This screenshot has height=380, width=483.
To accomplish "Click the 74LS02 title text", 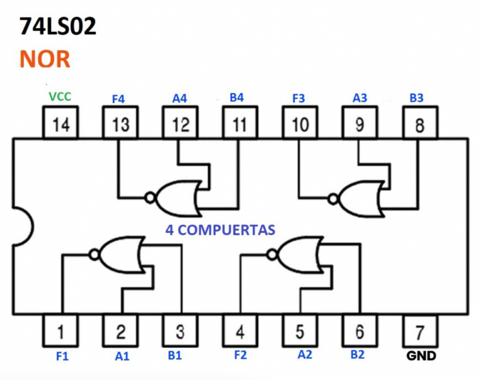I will pos(58,27).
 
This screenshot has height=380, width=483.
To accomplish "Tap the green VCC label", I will pos(60,97).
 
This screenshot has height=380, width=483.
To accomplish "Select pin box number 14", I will pos(60,124).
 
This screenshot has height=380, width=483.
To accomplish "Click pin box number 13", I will pos(120,124).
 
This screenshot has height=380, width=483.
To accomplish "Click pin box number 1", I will pos(61,331).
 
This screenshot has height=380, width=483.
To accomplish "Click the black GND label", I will pos(421,356).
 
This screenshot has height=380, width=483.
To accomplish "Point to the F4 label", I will pos(120,98).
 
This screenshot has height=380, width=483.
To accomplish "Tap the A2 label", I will pos(306,355).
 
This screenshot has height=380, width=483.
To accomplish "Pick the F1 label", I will pos(62,356).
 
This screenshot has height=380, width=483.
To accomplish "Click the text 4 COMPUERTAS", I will pos(220,229).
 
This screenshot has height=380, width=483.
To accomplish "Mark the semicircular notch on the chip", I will pos(23,227).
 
